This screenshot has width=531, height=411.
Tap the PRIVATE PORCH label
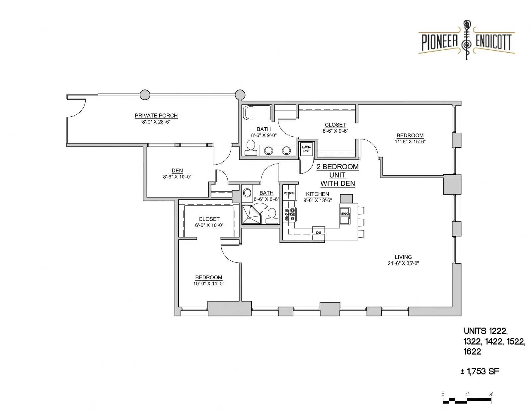[156, 115]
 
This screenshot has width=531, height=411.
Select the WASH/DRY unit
[306, 149]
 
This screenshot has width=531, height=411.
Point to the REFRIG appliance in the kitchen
[289, 193]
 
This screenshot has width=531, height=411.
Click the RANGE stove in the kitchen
[290, 214]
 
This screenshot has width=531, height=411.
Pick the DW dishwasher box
[318, 233]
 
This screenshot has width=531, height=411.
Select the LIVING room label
[403, 257]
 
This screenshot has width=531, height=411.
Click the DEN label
[177, 170]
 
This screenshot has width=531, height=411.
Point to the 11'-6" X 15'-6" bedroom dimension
[410, 141]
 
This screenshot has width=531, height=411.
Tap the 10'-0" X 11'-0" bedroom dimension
[209, 283]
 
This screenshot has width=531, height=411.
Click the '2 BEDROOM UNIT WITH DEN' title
[338, 175]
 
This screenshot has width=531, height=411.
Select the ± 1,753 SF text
[480, 371]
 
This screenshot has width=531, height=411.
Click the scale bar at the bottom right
[467, 400]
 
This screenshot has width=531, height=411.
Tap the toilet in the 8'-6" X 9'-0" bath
[251, 148]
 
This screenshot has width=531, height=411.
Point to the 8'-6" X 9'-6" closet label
[335, 131]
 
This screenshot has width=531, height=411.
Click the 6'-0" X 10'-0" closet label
[209, 225]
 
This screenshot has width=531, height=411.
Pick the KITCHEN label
[317, 194]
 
